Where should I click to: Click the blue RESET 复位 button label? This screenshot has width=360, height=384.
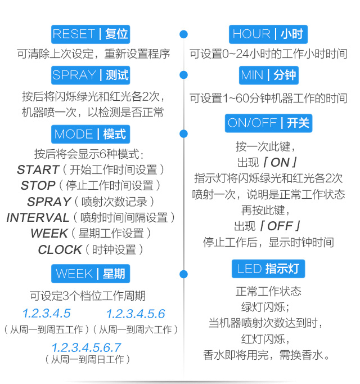pyautogui.click(x=91, y=34)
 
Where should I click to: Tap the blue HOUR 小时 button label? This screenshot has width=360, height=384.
pyautogui.click(x=268, y=34)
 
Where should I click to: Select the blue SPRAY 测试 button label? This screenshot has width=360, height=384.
pyautogui.click(x=91, y=75)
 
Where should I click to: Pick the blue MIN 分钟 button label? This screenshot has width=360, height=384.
pyautogui.click(x=268, y=75)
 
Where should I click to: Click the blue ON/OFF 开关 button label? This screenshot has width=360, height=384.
pyautogui.click(x=268, y=123)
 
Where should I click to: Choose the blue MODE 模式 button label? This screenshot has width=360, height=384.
pyautogui.click(x=91, y=134)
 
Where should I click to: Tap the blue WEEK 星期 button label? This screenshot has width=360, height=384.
pyautogui.click(x=91, y=274)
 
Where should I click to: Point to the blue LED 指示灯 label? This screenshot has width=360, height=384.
pyautogui.click(x=268, y=269)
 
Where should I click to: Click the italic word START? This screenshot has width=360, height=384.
pyautogui.click(x=38, y=169)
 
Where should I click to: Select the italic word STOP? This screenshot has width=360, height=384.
pyautogui.click(x=38, y=185)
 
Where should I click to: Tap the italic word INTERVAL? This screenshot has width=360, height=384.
pyautogui.click(x=38, y=217)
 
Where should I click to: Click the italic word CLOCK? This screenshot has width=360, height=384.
pyautogui.click(x=60, y=250)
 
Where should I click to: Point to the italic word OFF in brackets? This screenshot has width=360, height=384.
pyautogui.click(x=280, y=226)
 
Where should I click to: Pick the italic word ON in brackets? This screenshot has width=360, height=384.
pyautogui.click(x=280, y=163)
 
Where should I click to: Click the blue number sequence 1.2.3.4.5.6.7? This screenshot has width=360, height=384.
pyautogui.click(x=87, y=347)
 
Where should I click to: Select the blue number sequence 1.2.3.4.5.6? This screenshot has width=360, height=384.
pyautogui.click(x=136, y=314)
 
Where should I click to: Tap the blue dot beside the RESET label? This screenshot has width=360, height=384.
pyautogui.click(x=183, y=34)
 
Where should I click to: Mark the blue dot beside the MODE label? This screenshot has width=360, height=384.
pyautogui.click(x=183, y=133)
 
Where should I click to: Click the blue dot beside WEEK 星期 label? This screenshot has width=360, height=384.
pyautogui.click(x=183, y=274)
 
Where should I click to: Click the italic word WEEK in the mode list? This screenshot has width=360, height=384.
pyautogui.click(x=49, y=233)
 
